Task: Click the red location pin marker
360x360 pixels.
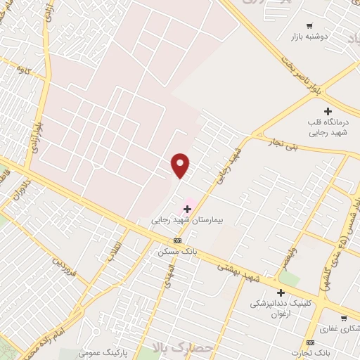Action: [x=181, y=165]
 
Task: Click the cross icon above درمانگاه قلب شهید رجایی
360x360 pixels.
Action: [x=328, y=111]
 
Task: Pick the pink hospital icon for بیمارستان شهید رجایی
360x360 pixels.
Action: [x=187, y=209]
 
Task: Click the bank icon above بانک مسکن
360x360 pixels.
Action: [x=177, y=240]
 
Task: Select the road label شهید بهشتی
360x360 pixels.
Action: [x=239, y=273]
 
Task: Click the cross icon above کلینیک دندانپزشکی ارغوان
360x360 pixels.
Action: [x=281, y=292]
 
